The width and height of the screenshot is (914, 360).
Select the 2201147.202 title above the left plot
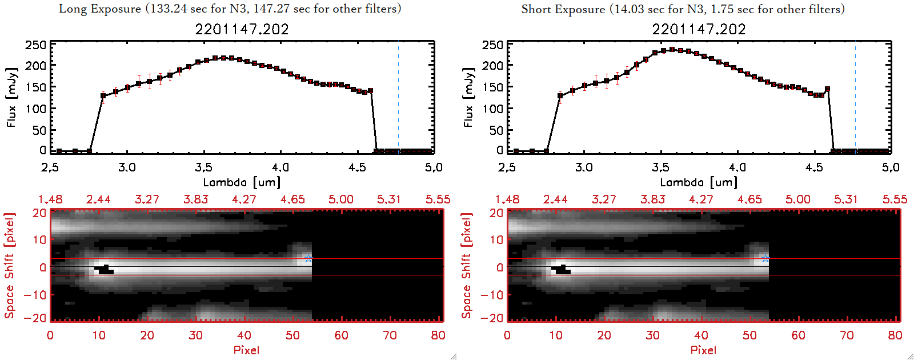coord(242,29)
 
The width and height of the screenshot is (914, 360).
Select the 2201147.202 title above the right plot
coord(699,29)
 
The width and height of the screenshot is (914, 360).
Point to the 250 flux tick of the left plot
coord(35,45)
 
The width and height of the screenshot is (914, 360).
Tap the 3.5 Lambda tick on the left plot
coord(203,167)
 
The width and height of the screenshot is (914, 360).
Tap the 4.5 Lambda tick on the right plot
coord(814,167)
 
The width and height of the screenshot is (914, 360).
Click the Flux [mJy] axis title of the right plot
coord(468,98)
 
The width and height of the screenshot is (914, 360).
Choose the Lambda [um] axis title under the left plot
coord(242,182)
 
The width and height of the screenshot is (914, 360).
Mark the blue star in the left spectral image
coord(308,258)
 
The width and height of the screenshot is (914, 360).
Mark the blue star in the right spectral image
coord(765,258)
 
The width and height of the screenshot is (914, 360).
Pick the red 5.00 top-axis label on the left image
coord(341,199)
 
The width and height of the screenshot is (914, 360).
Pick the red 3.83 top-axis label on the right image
coord(652,199)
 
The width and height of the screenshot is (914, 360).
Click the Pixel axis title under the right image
coord(703,350)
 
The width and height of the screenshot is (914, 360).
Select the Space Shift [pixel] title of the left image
coord(9,266)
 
